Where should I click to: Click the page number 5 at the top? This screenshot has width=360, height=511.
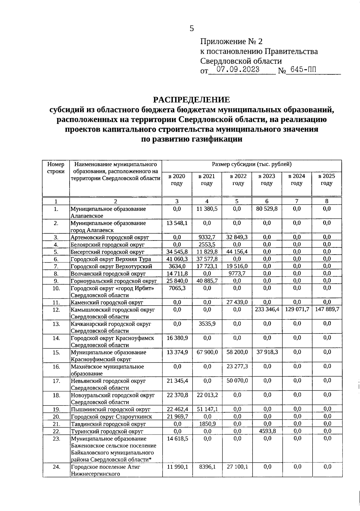(x=192, y=28)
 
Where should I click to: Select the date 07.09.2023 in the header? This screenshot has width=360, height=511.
(x=238, y=70)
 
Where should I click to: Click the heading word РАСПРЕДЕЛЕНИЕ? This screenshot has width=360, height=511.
(x=192, y=100)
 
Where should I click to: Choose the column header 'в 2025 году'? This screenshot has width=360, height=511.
(x=327, y=180)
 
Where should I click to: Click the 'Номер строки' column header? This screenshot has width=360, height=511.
(x=56, y=168)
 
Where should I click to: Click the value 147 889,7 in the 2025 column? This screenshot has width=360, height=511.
(x=327, y=309)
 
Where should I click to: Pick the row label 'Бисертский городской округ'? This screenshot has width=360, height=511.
(x=107, y=252)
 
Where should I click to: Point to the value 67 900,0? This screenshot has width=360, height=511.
(x=207, y=352)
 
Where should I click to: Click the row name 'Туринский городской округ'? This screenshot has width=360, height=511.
(x=107, y=432)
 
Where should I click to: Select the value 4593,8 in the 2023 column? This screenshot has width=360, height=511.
(x=267, y=431)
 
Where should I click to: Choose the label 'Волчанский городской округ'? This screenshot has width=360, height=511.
(x=108, y=274)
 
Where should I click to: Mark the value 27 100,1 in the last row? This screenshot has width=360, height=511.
(x=237, y=467)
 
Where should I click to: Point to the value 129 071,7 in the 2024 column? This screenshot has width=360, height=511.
(x=297, y=309)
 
